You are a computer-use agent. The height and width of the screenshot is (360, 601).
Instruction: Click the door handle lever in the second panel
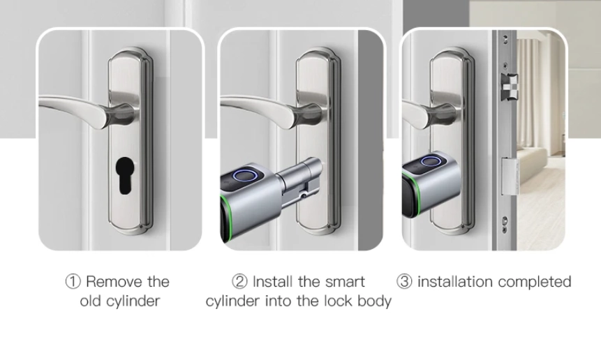pos(258,108)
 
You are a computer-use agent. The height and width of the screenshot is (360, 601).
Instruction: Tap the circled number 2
pos(239,282)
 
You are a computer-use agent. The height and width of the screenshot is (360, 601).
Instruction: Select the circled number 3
pos(404,282)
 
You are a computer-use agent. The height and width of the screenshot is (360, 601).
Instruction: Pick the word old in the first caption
pos(92,301)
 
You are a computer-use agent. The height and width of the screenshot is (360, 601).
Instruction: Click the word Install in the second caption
pos(273,282)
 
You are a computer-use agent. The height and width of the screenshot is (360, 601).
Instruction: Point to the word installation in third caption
pos(451,282)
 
